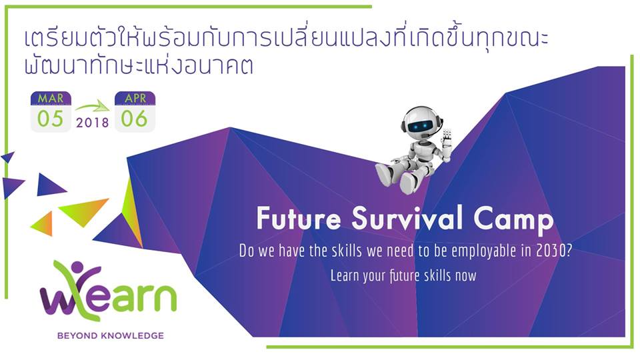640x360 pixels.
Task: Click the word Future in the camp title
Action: [299, 218]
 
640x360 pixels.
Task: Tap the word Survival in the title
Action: [407, 218]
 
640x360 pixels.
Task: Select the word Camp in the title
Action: [513, 221]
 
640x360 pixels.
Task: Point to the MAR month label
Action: [51, 98]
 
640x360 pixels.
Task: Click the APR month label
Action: [135, 98]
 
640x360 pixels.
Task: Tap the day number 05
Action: [50, 119]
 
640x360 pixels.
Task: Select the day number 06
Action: [134, 119]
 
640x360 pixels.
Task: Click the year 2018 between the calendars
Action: [92, 123]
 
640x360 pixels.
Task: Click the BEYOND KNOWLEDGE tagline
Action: [110, 335]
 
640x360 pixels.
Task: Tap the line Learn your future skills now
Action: [403, 275]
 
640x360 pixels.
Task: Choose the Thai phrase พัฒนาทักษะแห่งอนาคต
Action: [139, 65]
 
